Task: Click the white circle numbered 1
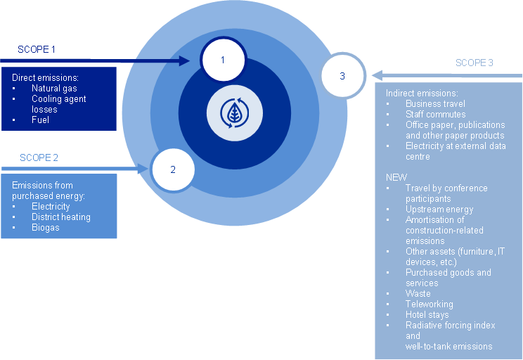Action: pos(223,60)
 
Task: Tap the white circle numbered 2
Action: pos(173,169)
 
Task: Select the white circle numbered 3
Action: pos(342,76)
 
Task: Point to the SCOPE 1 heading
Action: pos(37,50)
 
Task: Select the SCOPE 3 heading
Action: pos(474,63)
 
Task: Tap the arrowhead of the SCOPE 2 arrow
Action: pos(146,169)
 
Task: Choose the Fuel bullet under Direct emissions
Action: pos(41,120)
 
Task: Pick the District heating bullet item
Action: pos(61,217)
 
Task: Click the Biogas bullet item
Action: pos(45,228)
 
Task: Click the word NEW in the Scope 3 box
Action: pos(396,177)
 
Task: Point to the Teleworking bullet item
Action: pos(429,304)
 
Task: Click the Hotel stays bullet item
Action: pos(427,315)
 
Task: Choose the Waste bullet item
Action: pos(418,294)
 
